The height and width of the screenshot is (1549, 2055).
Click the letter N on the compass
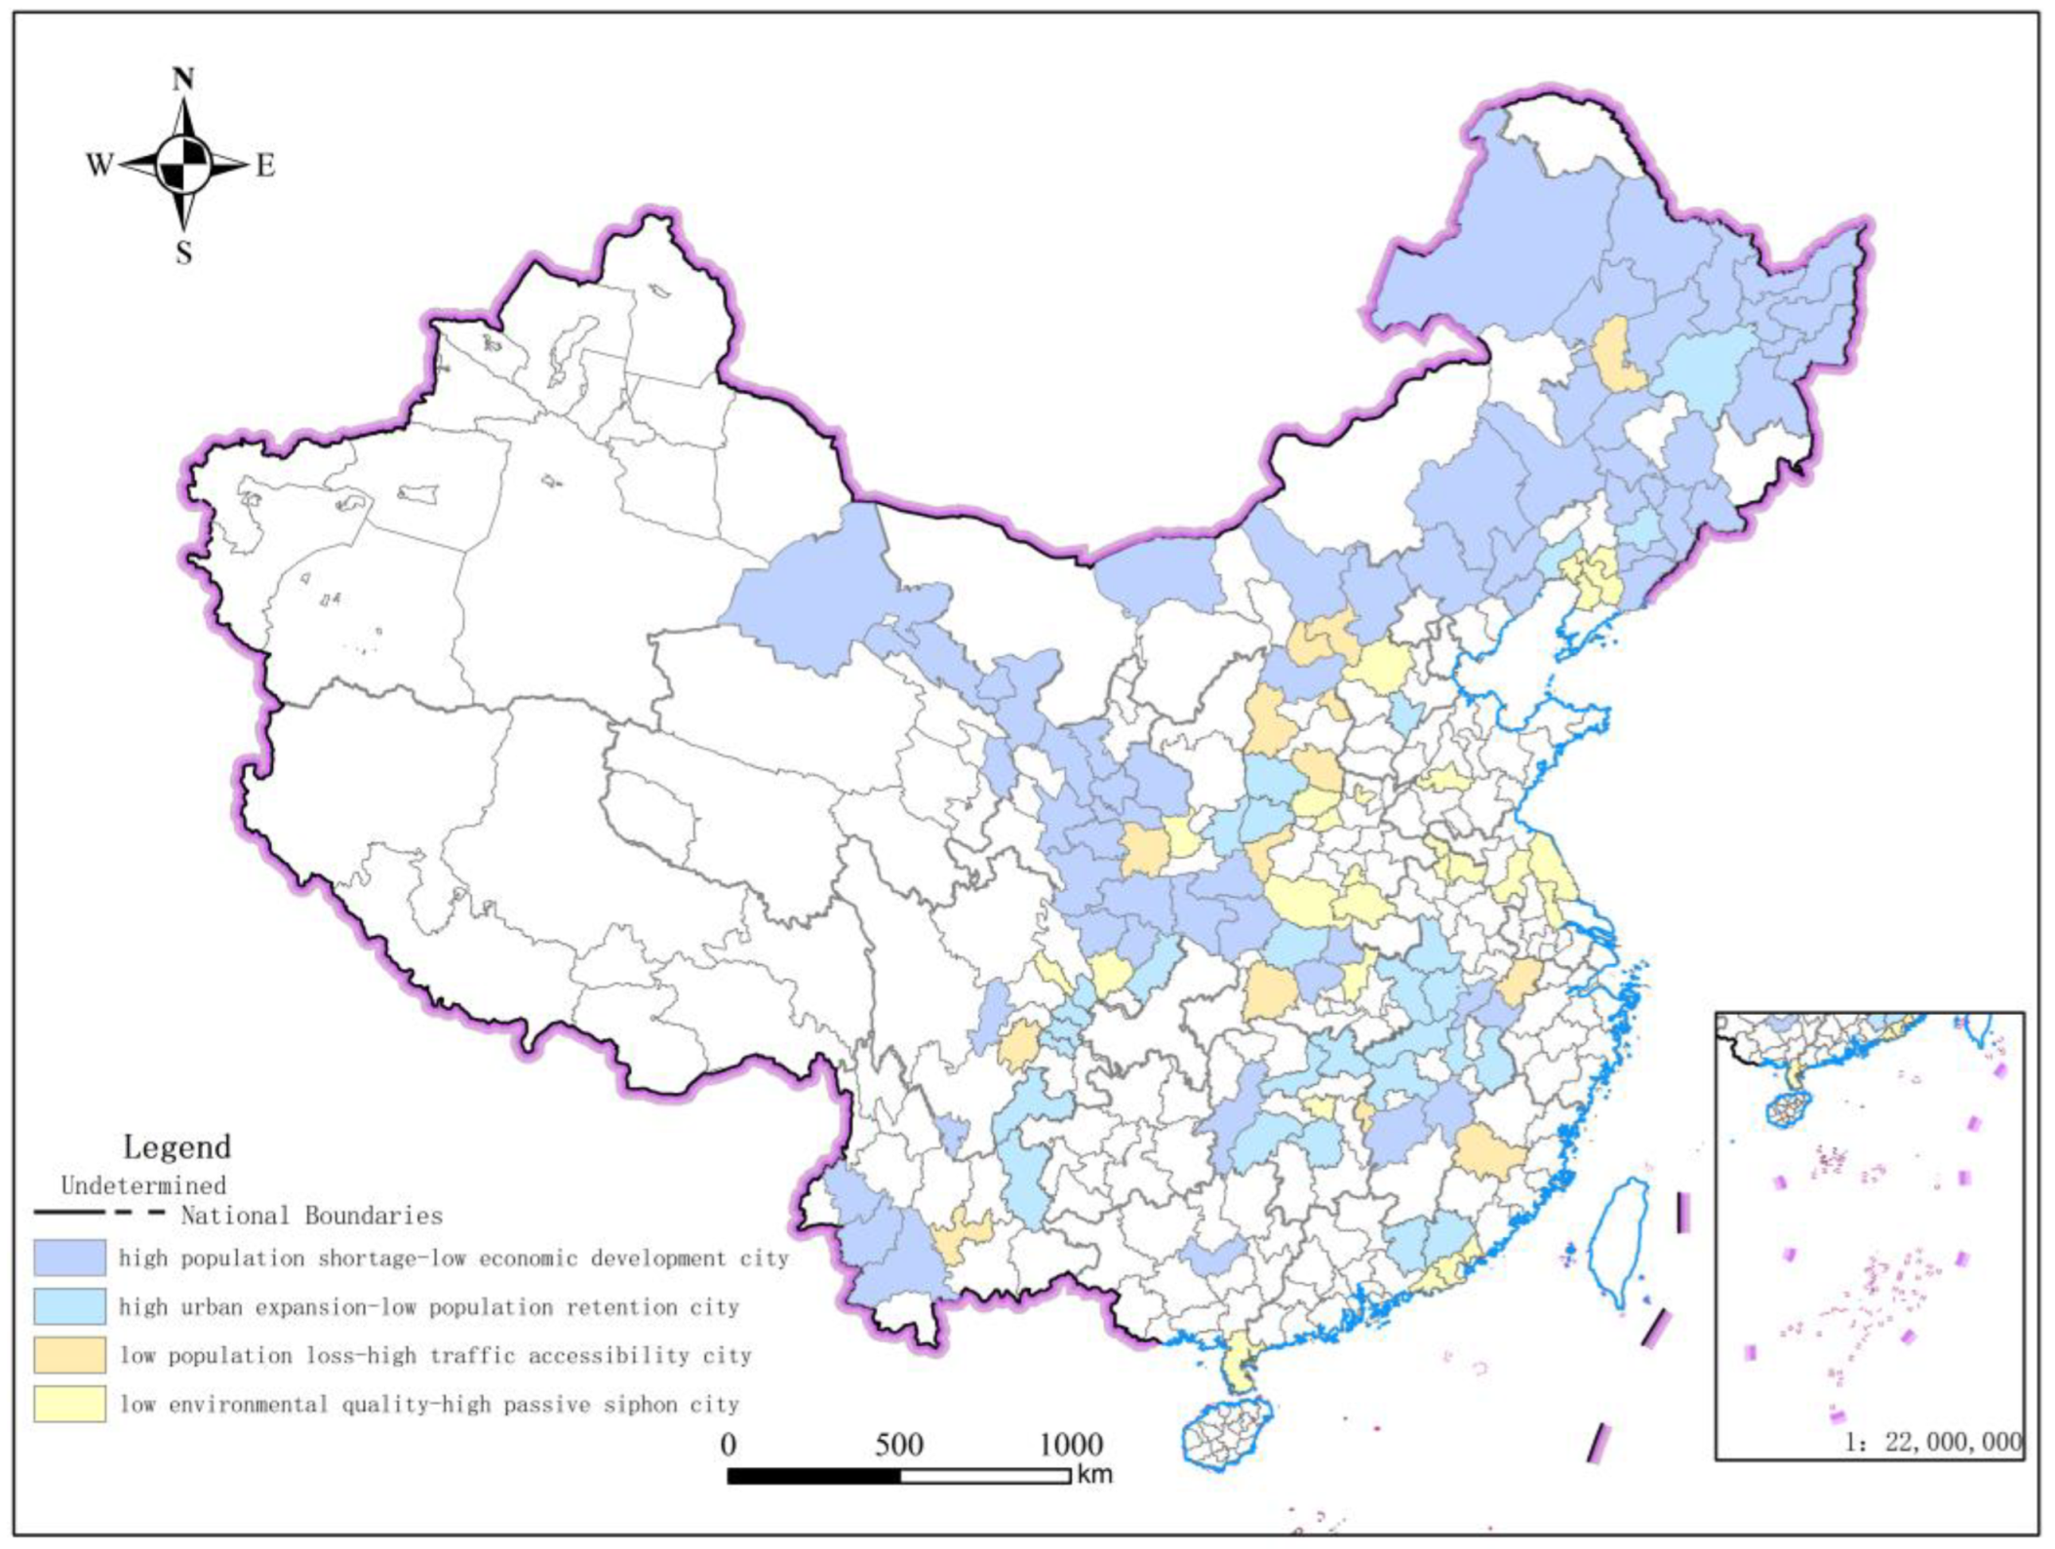pos(183,79)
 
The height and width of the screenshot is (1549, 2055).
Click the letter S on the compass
pos(183,253)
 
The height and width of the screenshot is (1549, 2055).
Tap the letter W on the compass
pos(99,165)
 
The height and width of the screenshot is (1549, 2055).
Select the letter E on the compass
pos(265,165)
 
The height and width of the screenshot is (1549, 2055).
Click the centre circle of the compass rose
pos(183,165)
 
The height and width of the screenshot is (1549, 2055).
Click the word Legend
pos(177,1146)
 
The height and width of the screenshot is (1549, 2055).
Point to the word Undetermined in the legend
pos(143,1185)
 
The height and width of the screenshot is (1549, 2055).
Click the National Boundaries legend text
pos(311,1216)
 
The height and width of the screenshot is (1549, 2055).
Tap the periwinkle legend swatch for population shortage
pos(70,1258)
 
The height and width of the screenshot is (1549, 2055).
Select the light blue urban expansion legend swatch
pos(70,1306)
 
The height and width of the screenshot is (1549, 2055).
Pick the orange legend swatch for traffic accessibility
pos(70,1355)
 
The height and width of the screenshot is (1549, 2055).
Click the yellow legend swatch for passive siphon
pos(70,1404)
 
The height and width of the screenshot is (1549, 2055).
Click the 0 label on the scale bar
pos(729,1445)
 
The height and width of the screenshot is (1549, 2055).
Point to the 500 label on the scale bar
pos(898,1445)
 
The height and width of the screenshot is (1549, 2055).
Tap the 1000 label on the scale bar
pos(1071,1445)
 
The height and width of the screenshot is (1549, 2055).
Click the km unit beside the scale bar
pos(1093,1474)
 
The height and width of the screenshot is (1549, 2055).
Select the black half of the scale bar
pos(814,1476)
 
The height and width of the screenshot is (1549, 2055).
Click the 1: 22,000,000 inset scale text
pos(1932,1442)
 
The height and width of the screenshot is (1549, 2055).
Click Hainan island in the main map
pos(1226,1432)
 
